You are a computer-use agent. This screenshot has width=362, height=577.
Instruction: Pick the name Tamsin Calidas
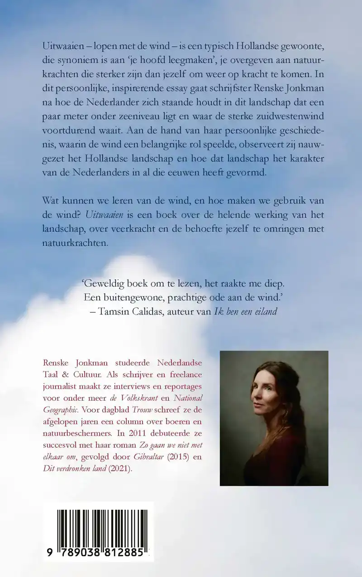(x=129, y=312)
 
